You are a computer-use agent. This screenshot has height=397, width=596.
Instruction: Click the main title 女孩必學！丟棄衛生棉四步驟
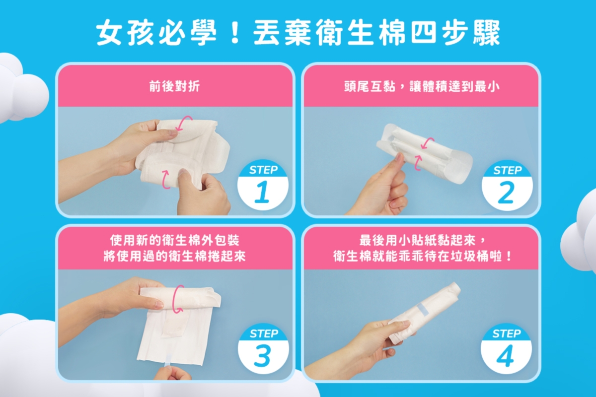pyautogui.click(x=298, y=34)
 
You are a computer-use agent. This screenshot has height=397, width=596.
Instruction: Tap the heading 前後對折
pyautogui.click(x=175, y=86)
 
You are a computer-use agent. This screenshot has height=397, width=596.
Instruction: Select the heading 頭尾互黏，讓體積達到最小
pyautogui.click(x=421, y=86)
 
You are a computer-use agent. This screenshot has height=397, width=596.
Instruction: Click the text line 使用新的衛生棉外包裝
pyautogui.click(x=175, y=241)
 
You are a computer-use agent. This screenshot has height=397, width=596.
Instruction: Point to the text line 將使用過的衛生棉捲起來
pyautogui.click(x=175, y=257)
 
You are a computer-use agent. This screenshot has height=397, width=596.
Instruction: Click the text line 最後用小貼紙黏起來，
pyautogui.click(x=421, y=241)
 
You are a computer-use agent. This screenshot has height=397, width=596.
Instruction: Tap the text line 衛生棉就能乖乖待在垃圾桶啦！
pyautogui.click(x=421, y=257)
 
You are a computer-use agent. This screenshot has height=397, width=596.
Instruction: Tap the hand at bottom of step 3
pyautogui.click(x=171, y=373)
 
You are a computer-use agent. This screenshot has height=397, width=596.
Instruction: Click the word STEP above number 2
pyautogui.click(x=507, y=170)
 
